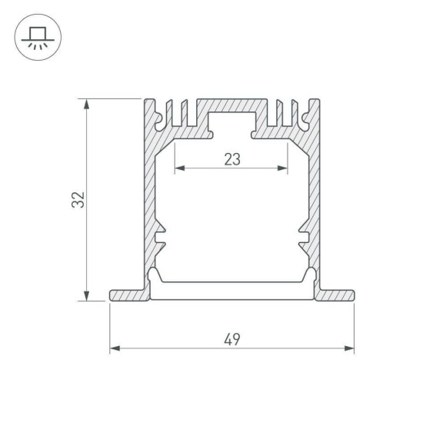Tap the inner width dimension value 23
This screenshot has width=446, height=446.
[x=231, y=159]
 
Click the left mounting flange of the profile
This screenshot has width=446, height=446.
[x=127, y=295]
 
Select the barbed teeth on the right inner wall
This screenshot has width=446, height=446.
[x=303, y=238]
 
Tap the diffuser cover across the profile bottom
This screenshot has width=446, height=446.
[x=231, y=290]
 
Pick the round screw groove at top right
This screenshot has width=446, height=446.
[x=304, y=120]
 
